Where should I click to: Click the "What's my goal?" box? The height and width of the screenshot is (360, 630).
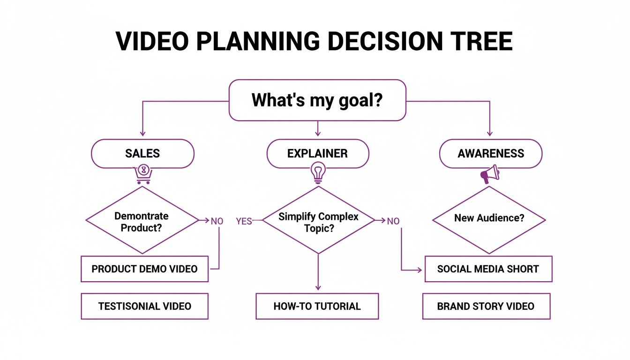click(317, 100)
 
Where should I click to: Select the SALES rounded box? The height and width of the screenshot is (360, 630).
click(142, 153)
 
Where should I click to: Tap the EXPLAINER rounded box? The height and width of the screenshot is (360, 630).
click(317, 153)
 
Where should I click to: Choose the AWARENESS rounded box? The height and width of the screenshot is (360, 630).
click(490, 153)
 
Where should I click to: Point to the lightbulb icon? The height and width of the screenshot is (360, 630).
click(318, 172)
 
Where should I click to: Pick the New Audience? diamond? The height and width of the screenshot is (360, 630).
click(489, 218)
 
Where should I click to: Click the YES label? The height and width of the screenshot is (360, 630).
click(244, 221)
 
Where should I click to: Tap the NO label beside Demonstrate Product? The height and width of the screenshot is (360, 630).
click(217, 221)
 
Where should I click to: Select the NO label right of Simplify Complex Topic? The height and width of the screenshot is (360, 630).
click(393, 221)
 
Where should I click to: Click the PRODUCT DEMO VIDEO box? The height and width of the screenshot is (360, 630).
click(144, 269)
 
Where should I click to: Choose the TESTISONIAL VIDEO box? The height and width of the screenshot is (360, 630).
click(144, 307)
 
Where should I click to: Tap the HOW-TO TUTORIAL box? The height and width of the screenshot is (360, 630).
click(317, 307)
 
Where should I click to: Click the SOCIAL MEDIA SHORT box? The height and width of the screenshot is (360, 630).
click(488, 269)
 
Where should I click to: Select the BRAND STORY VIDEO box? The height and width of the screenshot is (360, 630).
click(486, 307)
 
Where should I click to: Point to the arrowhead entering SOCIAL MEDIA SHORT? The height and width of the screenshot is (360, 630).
click(420, 270)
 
